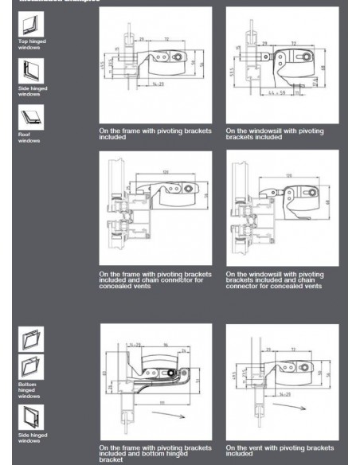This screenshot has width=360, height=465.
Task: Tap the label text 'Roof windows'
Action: click(x=29, y=139)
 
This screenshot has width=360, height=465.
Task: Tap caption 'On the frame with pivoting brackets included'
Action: click(x=155, y=133)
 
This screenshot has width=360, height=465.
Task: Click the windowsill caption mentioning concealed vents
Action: click(x=275, y=279)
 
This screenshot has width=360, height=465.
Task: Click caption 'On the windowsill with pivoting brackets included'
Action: click(x=275, y=133)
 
